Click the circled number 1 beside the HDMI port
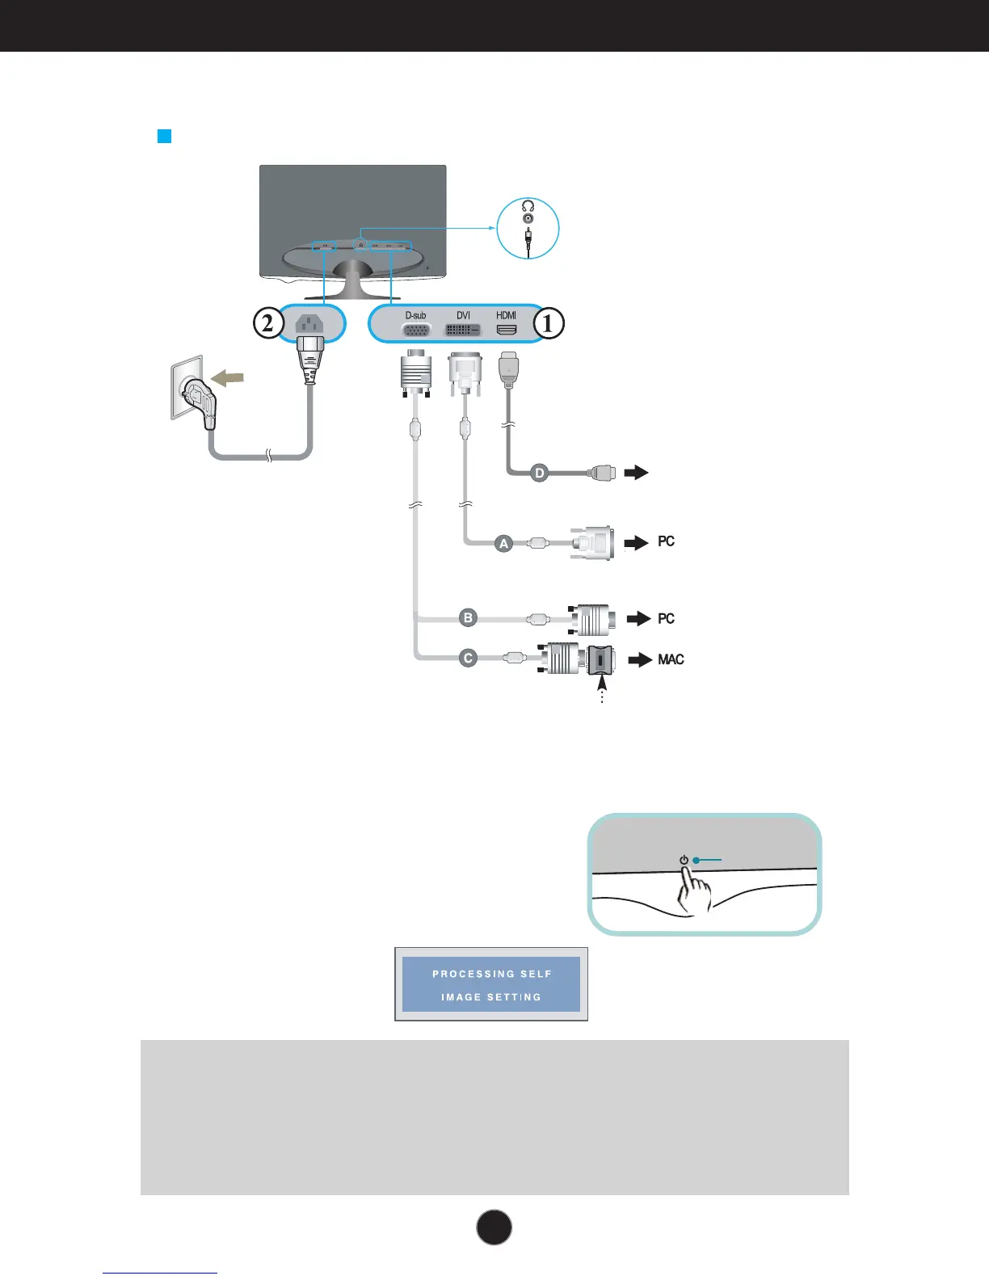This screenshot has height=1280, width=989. (x=548, y=323)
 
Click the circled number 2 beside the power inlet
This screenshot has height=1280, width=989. (x=268, y=323)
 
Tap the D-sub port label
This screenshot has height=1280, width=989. (x=415, y=315)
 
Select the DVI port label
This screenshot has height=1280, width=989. (x=463, y=315)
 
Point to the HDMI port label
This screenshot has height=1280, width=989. (x=507, y=315)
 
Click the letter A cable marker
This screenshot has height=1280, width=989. (x=503, y=544)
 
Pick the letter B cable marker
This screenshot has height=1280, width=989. (x=468, y=618)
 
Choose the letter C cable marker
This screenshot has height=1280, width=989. (x=468, y=658)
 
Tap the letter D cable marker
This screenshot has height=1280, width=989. (x=539, y=473)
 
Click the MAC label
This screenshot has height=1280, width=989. (x=671, y=659)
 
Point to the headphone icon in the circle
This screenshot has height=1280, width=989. (x=528, y=206)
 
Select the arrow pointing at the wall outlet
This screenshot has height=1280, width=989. (x=227, y=377)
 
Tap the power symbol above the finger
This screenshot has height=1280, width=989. (x=684, y=860)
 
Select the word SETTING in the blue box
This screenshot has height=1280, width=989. (x=514, y=997)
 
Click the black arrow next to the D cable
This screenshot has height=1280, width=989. (x=637, y=472)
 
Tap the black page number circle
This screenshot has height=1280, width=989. (x=494, y=1227)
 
